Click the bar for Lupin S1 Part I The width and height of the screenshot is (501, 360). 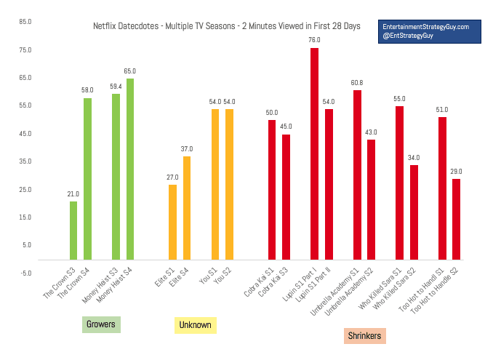[314, 153]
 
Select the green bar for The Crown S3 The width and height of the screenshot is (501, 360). [73, 230]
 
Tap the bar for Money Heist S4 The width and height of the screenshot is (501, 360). [130, 169]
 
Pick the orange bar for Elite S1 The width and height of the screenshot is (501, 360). [172, 222]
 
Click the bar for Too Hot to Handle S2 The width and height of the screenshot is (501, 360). [456, 219]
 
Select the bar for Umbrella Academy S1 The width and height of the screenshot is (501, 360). [357, 175]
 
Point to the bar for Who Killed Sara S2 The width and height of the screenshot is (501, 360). [414, 212]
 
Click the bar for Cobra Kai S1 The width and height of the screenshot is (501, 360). [272, 190]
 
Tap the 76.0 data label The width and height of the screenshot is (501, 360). [314, 41]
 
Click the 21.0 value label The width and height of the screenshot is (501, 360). [73, 194]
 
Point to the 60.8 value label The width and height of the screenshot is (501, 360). [357, 83]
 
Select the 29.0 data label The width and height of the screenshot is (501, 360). [456, 172]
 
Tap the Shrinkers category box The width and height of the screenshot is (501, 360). [364, 335]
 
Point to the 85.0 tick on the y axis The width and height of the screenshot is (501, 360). [25, 22]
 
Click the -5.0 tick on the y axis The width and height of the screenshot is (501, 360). [25, 273]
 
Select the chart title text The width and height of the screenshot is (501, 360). [226, 26]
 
